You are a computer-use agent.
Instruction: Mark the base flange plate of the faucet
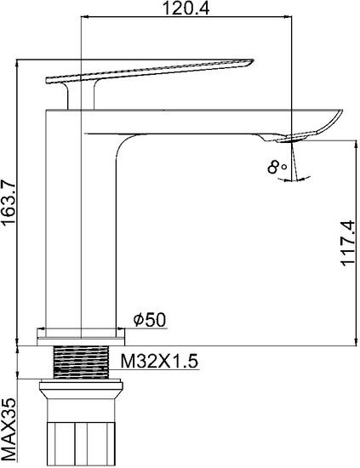point(78,337)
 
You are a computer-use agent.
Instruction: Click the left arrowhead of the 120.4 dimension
point(83,17)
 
